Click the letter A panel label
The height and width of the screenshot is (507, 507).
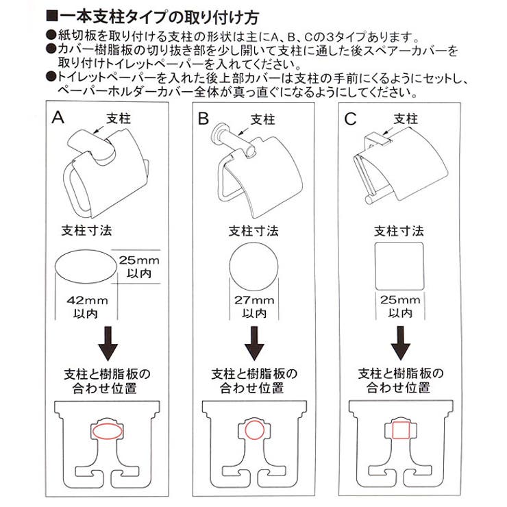(58, 117)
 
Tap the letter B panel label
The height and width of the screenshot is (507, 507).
(203, 119)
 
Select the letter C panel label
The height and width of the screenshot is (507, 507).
(350, 119)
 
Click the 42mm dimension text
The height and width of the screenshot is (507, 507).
(87, 301)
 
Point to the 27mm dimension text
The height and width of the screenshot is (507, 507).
(254, 300)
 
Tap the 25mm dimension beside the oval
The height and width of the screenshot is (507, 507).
(139, 260)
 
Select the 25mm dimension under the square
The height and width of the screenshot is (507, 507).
(400, 299)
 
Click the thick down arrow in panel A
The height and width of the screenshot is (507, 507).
(108, 343)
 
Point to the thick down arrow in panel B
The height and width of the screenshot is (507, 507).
(254, 343)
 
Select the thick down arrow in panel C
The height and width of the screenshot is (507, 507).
(401, 343)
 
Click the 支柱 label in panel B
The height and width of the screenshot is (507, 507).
(262, 120)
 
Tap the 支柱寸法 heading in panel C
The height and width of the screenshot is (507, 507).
(399, 231)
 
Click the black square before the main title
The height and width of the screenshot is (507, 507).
(52, 16)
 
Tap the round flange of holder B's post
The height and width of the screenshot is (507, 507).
(218, 132)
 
